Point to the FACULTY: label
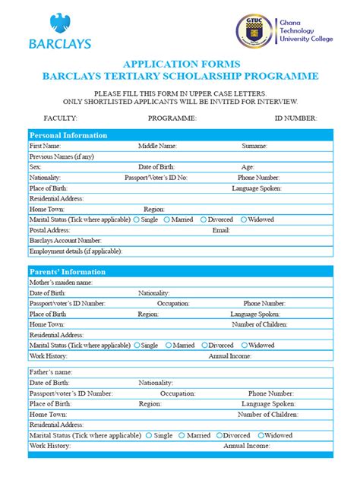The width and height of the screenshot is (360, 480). tap(61, 118)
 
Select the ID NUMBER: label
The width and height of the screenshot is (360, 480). tap(295, 118)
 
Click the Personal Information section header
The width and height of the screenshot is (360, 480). tap(68, 135)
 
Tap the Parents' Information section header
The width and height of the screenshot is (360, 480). tap(67, 271)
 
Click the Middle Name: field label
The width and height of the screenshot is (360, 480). tap(157, 145)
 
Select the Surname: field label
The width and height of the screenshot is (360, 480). tap(254, 145)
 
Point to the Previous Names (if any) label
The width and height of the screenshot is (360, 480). tap(62, 156)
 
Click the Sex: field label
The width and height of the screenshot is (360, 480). tap(35, 166)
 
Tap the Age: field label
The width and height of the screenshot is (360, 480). tap(248, 166)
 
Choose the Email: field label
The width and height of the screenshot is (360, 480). tap(221, 229)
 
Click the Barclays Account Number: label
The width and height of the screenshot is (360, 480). tap(65, 240)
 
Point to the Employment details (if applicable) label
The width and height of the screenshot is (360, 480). tap(75, 251)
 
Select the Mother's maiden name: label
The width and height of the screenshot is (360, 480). tap(61, 282)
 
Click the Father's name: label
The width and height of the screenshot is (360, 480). tap(51, 372)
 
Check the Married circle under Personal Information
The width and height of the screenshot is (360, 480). tap(169, 219)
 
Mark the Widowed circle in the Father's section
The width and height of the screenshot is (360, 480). tap(261, 436)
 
